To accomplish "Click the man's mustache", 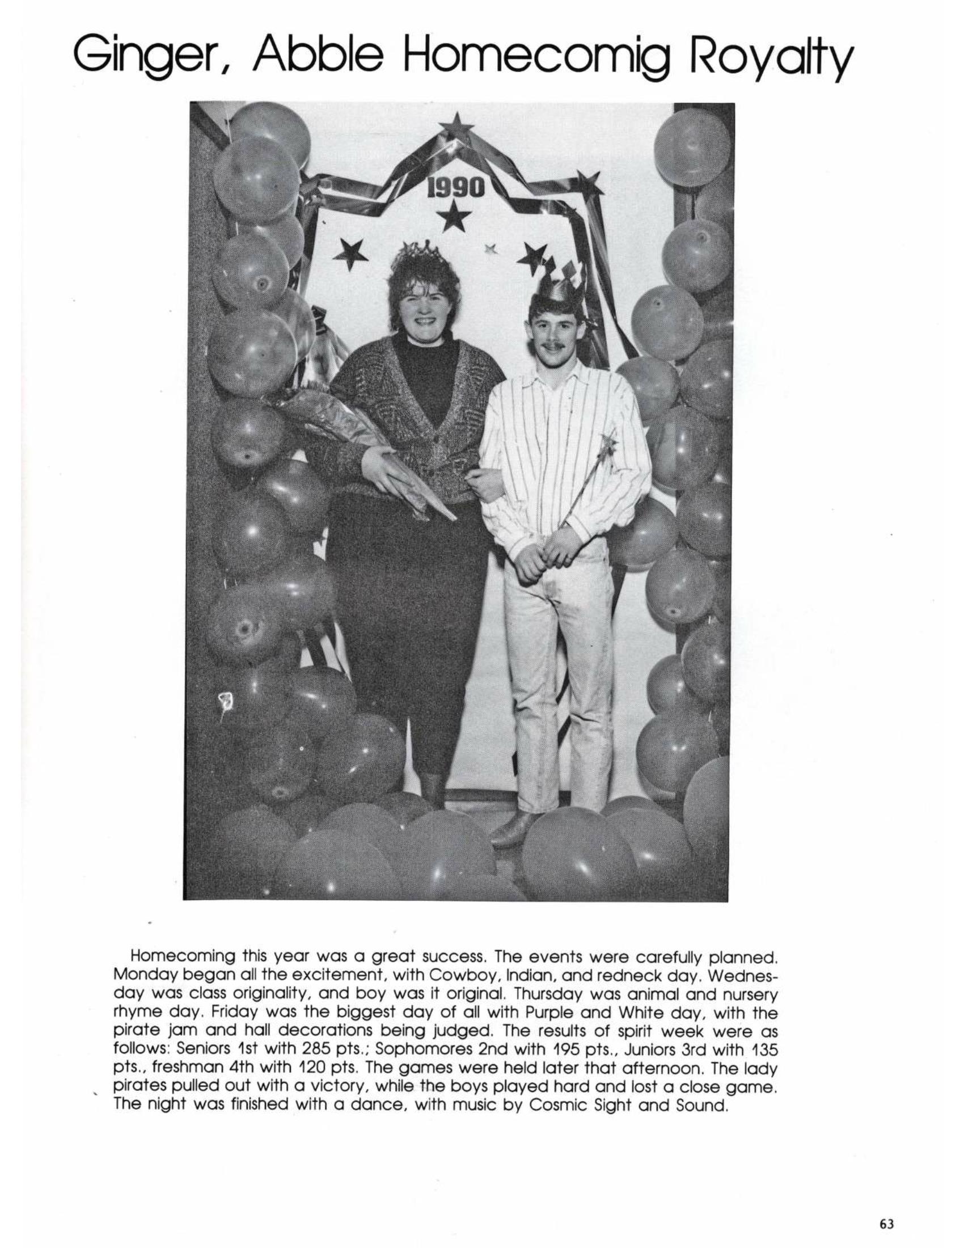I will (x=552, y=346).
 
